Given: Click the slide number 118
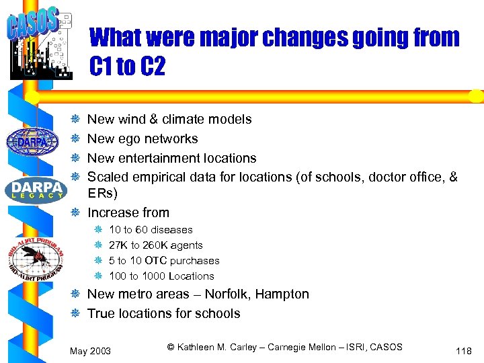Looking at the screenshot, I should coord(463,351).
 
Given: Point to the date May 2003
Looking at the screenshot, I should coord(91,351).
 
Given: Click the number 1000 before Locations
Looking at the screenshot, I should coord(153,276).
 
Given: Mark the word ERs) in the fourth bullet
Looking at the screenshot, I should coord(102,194).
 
